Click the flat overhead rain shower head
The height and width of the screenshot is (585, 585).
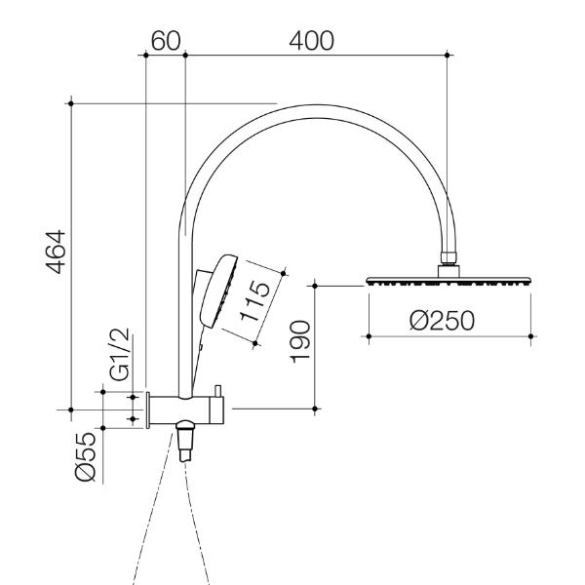click(x=448, y=281)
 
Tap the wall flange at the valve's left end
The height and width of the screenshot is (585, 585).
click(x=148, y=409)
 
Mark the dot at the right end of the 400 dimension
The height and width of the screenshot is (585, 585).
click(x=448, y=55)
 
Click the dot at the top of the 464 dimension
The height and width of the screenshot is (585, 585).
click(x=72, y=100)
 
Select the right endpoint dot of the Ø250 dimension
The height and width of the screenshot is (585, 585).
click(x=530, y=335)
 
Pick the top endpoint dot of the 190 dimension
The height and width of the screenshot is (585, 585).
click(x=315, y=286)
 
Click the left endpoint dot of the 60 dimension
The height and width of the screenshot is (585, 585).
click(x=145, y=55)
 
